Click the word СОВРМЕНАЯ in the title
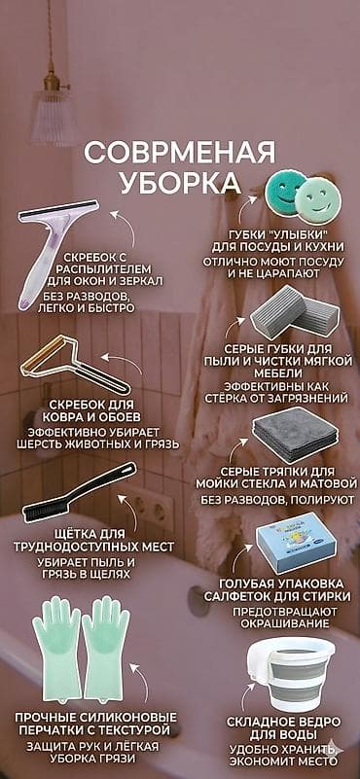point(179,155)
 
